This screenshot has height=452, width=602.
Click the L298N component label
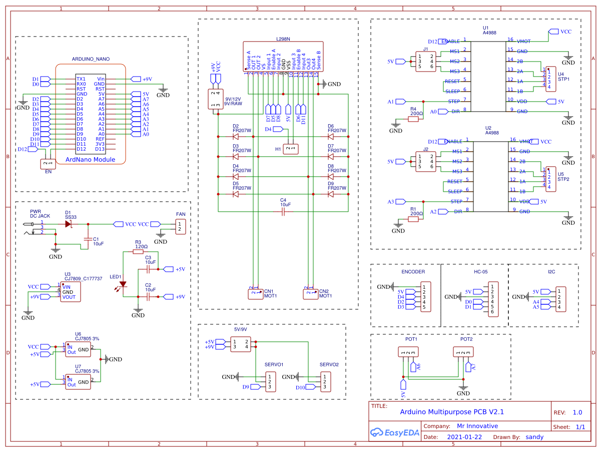point(283,38)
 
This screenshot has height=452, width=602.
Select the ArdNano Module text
point(90,160)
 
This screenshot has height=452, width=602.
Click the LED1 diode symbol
point(123,284)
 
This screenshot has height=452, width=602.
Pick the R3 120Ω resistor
point(138,252)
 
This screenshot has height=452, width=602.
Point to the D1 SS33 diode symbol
point(68,224)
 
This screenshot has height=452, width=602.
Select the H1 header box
point(291,149)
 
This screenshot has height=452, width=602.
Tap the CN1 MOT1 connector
point(255,294)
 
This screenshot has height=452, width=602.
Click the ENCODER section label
point(413,272)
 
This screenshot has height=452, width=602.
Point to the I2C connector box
point(561,299)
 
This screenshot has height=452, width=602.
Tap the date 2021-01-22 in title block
point(464,437)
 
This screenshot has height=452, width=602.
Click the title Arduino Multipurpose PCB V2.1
point(451,412)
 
